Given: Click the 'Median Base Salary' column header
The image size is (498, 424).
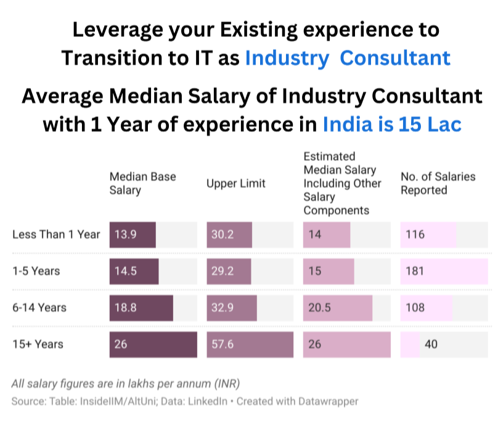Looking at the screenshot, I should pos(142,183).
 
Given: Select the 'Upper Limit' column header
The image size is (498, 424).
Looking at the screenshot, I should pos(236,183).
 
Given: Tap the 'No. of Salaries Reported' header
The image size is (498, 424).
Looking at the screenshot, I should pos(438,183).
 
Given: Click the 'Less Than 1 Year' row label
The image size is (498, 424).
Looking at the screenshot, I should pos(56,234).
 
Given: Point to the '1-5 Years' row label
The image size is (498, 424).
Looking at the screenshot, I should pos(36,271).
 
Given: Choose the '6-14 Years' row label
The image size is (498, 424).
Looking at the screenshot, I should pos(39,308).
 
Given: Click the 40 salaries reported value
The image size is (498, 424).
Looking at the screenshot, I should pos(431,344).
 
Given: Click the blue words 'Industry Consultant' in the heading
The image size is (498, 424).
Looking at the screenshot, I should pos(348,58).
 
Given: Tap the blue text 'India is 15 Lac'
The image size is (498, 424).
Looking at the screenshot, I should pos(392,124).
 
